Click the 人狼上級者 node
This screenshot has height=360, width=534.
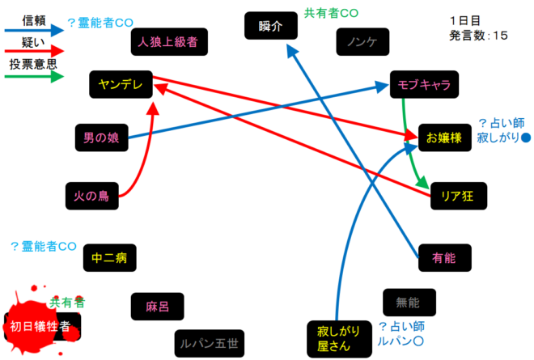tap(168, 40)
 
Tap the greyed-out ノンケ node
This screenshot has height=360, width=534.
tap(362, 41)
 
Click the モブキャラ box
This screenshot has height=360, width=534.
tap(424, 83)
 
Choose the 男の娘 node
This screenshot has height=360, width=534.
tap(101, 138)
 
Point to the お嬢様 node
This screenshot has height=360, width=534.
tap(443, 138)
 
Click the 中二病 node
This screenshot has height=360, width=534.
tap(109, 259)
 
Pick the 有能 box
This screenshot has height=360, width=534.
tap(444, 259)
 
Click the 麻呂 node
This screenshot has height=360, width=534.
tap(156, 307)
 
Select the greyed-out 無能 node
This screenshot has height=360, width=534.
tap(409, 303)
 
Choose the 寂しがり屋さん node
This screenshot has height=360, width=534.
tap(333, 339)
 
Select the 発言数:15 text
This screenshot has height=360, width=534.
tap(478, 35)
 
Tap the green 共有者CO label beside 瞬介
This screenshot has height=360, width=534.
tap(331, 13)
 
